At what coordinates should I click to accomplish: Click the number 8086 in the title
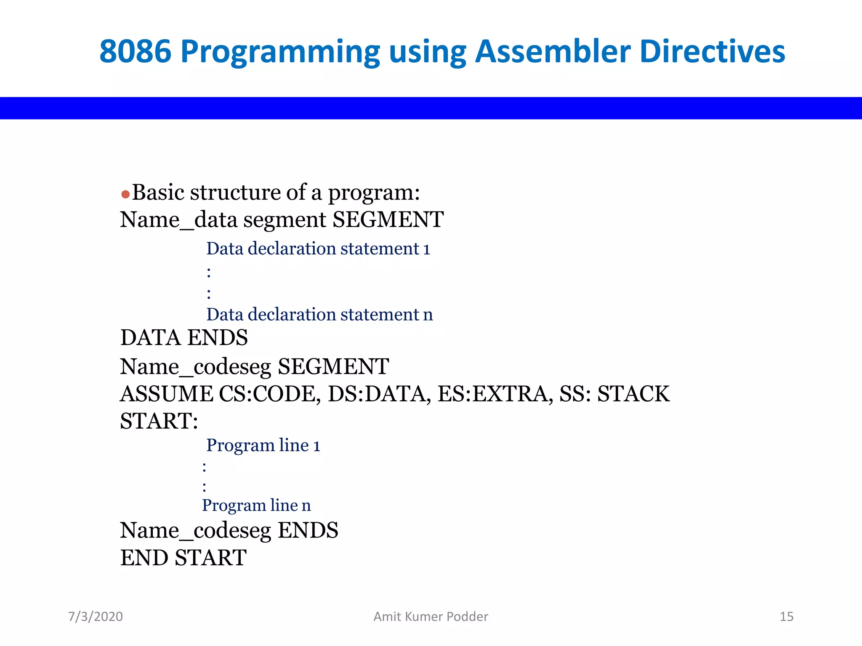(x=136, y=52)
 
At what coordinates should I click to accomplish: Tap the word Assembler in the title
(x=552, y=52)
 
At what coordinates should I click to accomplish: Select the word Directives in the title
(x=712, y=52)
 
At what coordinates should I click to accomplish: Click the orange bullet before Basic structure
(x=125, y=194)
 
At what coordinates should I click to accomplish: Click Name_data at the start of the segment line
(x=157, y=220)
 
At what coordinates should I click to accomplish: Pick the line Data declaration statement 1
(x=318, y=249)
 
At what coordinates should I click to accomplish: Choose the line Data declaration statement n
(x=319, y=315)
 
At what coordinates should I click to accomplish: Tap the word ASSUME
(x=166, y=394)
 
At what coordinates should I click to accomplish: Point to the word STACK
(x=633, y=394)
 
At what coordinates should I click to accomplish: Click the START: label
(x=159, y=421)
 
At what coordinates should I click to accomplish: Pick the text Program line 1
(x=263, y=445)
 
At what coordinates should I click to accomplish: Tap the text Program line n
(x=256, y=505)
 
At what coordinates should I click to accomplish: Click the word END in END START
(x=144, y=558)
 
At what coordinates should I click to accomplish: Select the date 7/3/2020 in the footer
(x=96, y=617)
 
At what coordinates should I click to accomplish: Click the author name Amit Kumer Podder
(x=431, y=617)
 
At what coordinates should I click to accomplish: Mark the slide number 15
(x=786, y=617)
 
